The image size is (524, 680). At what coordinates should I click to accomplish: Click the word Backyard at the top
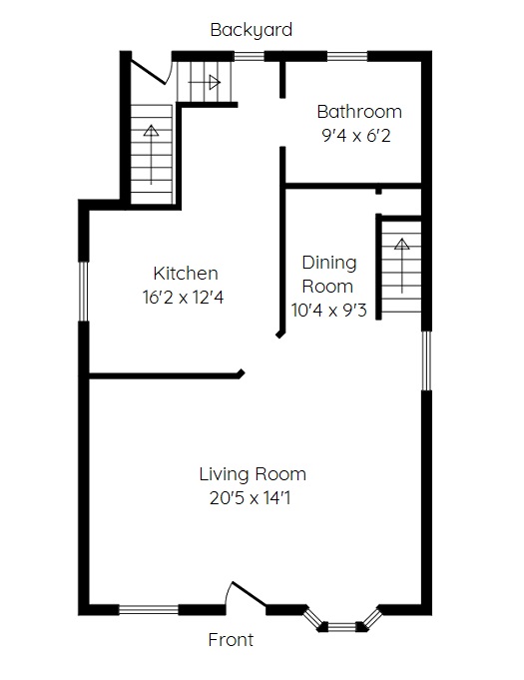[251, 30]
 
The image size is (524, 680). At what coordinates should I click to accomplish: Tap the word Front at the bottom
[231, 640]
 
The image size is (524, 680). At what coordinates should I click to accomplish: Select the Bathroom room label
[359, 112]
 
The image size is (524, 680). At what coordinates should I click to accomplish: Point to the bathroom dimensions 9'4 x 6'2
[356, 136]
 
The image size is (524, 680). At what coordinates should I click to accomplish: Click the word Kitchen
[186, 274]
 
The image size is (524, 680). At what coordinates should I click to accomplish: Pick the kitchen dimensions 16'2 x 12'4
[183, 298]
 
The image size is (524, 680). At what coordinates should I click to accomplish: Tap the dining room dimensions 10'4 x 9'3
[329, 311]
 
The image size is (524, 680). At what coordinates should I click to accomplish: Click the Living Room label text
[253, 474]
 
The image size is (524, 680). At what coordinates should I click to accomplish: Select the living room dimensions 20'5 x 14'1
[251, 498]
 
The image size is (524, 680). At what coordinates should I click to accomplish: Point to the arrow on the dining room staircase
[402, 265]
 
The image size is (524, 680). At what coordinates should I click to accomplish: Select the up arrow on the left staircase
[152, 154]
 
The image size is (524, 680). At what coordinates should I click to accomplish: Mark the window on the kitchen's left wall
[83, 292]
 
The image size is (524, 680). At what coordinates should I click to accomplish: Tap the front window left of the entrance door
[149, 610]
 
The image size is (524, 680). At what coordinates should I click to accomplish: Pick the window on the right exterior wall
[427, 360]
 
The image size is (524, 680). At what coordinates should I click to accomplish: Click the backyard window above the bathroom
[347, 56]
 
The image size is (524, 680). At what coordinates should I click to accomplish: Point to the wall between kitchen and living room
[167, 375]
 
